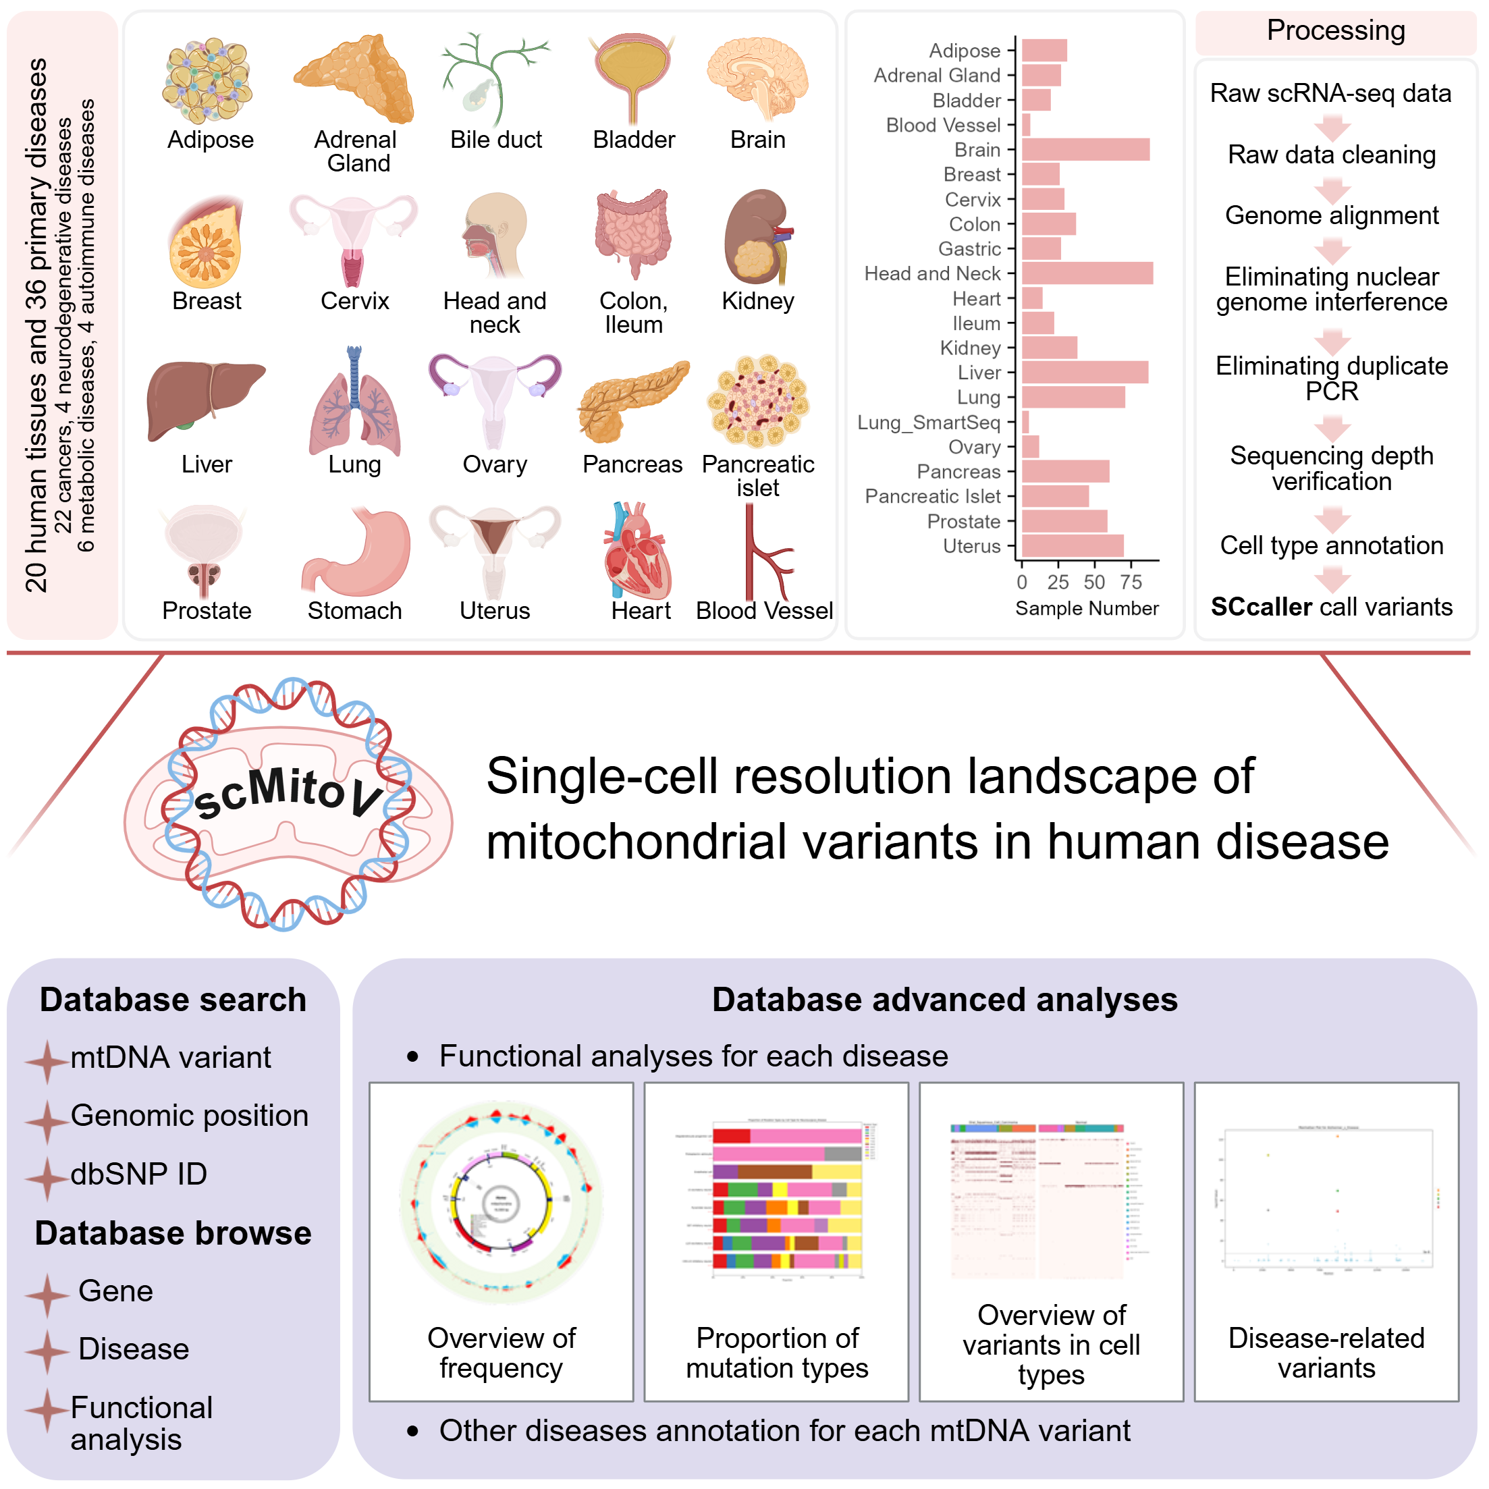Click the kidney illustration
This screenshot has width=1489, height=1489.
click(x=757, y=238)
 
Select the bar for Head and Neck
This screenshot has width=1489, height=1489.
click(x=1087, y=273)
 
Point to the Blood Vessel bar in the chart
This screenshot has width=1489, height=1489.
click(x=1026, y=125)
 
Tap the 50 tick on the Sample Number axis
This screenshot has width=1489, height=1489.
click(x=1094, y=583)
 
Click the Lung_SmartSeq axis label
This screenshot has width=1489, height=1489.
click(x=929, y=423)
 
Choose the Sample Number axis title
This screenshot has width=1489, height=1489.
click(x=1087, y=609)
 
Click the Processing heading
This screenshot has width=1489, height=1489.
click(x=1336, y=31)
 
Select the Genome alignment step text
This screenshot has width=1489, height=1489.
click(x=1332, y=215)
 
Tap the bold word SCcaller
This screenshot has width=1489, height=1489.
click(x=1261, y=607)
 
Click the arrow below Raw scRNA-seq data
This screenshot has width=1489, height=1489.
click(x=1332, y=126)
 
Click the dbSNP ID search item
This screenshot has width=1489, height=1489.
click(x=139, y=1174)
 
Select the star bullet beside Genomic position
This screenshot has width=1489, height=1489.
click(x=47, y=1120)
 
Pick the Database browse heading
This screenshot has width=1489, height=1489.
click(x=173, y=1234)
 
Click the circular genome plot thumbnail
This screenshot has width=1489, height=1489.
click(x=501, y=1202)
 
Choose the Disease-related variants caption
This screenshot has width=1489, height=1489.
click(x=1326, y=1353)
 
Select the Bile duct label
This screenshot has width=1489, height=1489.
click(x=495, y=140)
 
